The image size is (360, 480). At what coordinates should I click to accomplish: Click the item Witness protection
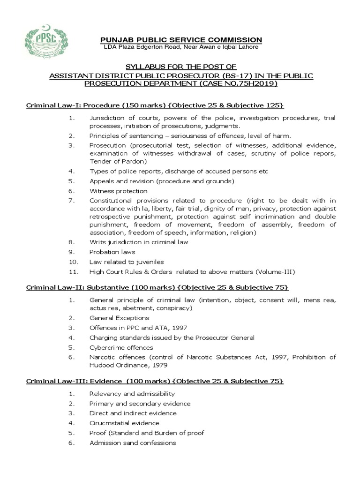click(x=118, y=191)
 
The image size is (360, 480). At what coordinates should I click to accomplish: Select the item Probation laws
click(x=112, y=252)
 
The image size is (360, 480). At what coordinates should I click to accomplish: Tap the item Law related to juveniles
click(x=127, y=262)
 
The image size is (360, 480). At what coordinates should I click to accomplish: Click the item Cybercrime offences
click(x=121, y=347)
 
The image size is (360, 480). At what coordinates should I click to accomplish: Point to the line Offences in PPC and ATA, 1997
click(x=138, y=327)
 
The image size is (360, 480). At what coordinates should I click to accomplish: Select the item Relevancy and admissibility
click(x=132, y=394)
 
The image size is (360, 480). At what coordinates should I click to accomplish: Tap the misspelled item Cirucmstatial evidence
click(x=124, y=423)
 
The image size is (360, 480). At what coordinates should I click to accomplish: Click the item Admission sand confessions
click(x=133, y=442)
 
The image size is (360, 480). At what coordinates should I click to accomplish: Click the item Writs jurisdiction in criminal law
click(x=139, y=242)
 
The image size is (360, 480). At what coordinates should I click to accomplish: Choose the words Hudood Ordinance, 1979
click(x=128, y=365)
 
